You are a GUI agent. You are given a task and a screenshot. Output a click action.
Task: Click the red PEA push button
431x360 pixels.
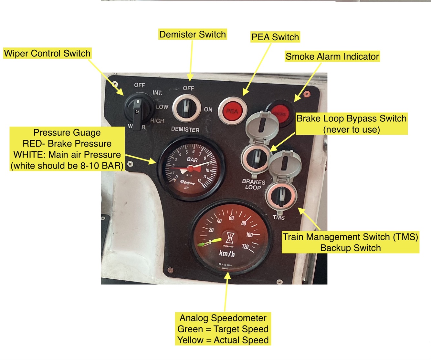coord(232,111)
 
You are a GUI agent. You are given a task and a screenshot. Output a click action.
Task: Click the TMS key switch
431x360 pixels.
coord(281,196)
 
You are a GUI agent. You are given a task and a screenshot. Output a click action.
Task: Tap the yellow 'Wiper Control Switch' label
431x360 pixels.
coord(47,53)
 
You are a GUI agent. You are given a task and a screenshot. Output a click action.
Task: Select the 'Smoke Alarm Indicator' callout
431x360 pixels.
coord(332,57)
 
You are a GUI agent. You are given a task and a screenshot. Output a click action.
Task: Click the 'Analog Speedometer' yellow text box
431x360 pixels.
coord(223,329)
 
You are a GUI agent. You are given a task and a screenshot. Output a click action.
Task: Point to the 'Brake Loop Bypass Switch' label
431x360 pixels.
coord(351,124)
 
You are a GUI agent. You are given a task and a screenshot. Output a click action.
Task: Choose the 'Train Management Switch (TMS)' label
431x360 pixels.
coord(351,242)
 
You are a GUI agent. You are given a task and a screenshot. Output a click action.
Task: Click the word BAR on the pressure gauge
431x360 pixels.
coord(193,159)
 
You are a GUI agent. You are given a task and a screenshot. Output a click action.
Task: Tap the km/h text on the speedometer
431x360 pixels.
coord(227,254)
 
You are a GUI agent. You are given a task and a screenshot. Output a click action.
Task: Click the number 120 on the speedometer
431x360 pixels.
coord(245,247)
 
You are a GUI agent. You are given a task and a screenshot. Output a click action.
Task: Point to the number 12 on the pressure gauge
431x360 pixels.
coord(200,181)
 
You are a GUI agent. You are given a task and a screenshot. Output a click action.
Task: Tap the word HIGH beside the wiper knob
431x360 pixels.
coord(157,121)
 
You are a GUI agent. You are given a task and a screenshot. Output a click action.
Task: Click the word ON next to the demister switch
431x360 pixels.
coord(208,109)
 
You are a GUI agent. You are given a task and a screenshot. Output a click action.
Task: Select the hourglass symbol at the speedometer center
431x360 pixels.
coord(230,238)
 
